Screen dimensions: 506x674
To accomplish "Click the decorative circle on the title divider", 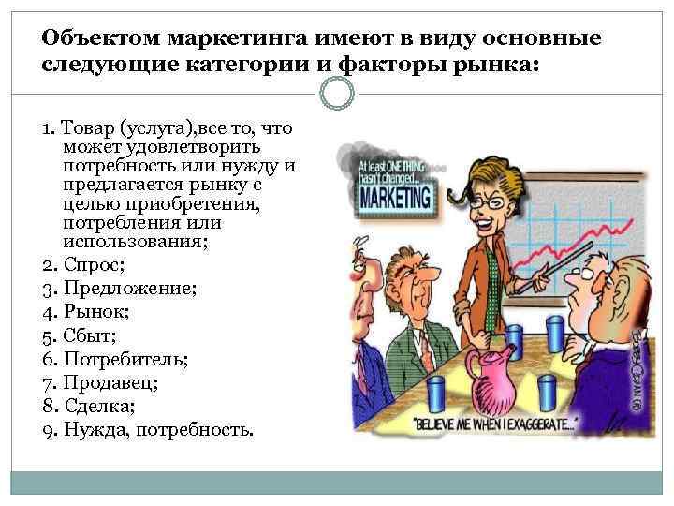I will pyautogui.click(x=337, y=92).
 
